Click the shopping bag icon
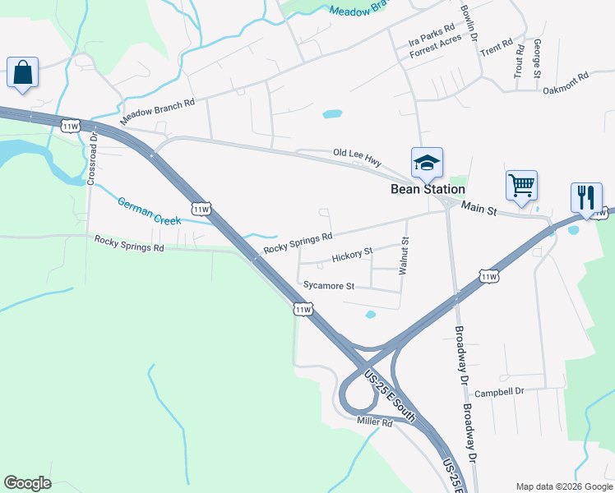pos(23,72)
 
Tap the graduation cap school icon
pos(427,163)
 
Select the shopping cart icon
pos(521,185)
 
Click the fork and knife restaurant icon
pos(586,198)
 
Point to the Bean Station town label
pos(427,189)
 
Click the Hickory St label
pos(352,256)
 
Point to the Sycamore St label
pos(328,286)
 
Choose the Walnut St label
pos(405,256)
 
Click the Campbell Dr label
pos(499,392)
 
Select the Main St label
pos(479,210)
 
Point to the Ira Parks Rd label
pos(431,38)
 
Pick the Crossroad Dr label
pos(93,159)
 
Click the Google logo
pos(27,483)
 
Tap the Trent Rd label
pos(497,43)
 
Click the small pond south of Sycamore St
pos(370,314)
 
